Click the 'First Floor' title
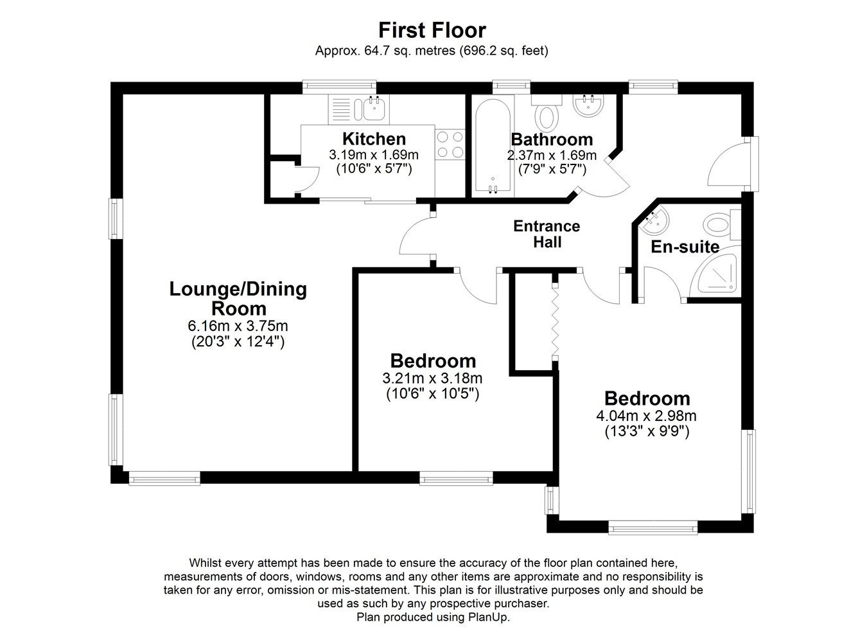coord(432,30)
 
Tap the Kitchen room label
coord(374,139)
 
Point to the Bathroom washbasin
coord(588,105)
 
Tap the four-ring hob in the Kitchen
coord(450,144)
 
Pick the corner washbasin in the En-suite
coord(653,221)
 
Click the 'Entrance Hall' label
coord(547,235)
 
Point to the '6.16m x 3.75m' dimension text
coord(238,326)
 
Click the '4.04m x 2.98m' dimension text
coord(646,416)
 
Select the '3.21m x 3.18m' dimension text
coord(432,378)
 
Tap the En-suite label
coord(685,247)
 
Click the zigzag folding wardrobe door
coord(556,321)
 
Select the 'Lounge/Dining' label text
coord(238,290)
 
